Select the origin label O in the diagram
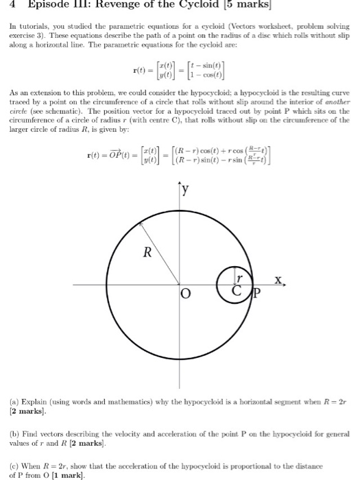pyautogui.click(x=184, y=294)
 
